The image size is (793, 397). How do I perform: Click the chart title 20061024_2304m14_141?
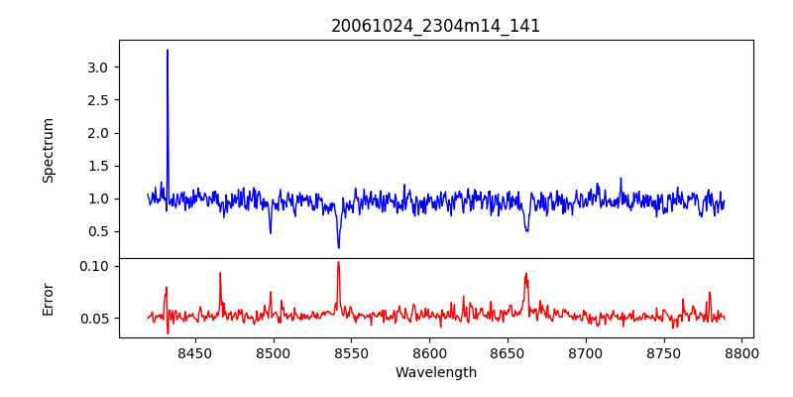(435, 26)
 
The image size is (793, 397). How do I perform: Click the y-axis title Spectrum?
(48, 150)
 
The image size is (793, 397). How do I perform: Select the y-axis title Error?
(48, 299)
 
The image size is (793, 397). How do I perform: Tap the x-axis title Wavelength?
(435, 373)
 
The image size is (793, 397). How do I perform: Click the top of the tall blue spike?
(168, 51)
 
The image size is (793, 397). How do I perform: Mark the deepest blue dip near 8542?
(338, 247)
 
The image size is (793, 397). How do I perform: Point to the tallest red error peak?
(338, 262)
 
